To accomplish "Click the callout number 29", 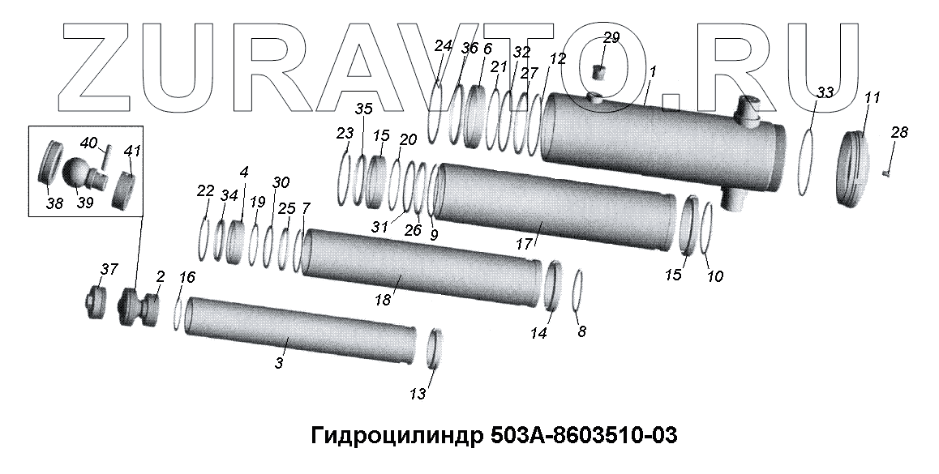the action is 611,38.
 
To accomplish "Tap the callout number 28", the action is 899,132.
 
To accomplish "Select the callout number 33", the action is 825,92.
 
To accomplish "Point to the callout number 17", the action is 524,244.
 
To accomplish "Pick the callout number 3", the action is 278,362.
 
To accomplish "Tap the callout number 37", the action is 109,269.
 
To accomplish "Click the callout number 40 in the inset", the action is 88,143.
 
